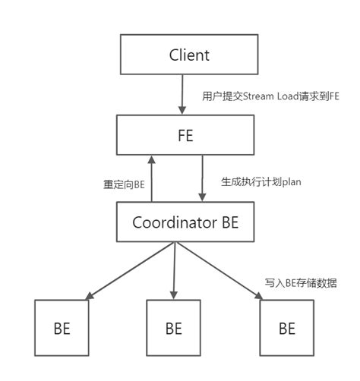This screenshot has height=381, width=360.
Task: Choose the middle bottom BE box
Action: (173, 329)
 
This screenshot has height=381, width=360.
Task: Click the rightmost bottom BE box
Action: (287, 329)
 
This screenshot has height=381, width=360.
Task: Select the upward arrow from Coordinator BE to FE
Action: (151, 178)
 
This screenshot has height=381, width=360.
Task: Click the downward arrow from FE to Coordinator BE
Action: (202, 178)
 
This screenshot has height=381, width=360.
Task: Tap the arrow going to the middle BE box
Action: (175, 269)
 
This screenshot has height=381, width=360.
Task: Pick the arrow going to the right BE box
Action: (220, 269)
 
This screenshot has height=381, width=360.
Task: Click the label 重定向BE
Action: (124, 184)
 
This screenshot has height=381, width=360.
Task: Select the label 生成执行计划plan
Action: (251, 182)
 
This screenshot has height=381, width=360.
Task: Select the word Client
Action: (189, 55)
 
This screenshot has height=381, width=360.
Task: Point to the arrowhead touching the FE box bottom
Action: (151, 159)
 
